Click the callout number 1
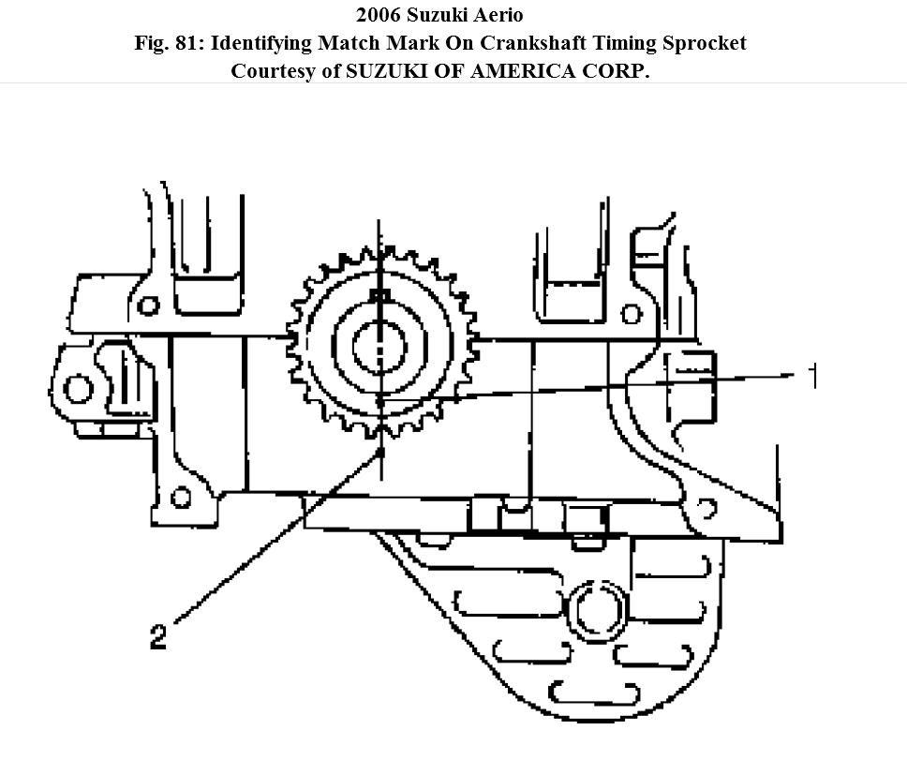point(812,377)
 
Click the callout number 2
point(158,638)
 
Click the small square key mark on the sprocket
point(380,296)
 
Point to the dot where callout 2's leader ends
point(381,452)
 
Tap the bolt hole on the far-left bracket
point(80,387)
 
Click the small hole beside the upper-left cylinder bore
point(147,305)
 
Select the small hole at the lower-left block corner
point(182,497)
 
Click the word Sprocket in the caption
point(709,44)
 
